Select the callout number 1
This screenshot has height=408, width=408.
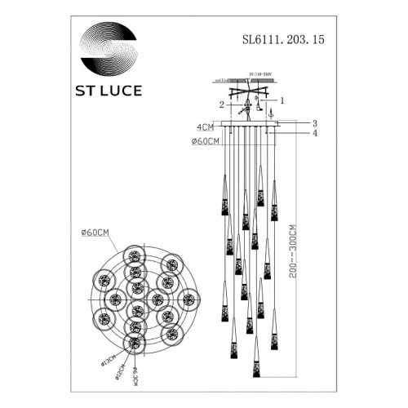coord(282,100)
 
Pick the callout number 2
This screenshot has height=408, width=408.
coord(220,105)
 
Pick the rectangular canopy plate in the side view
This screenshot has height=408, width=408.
coord(244,125)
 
